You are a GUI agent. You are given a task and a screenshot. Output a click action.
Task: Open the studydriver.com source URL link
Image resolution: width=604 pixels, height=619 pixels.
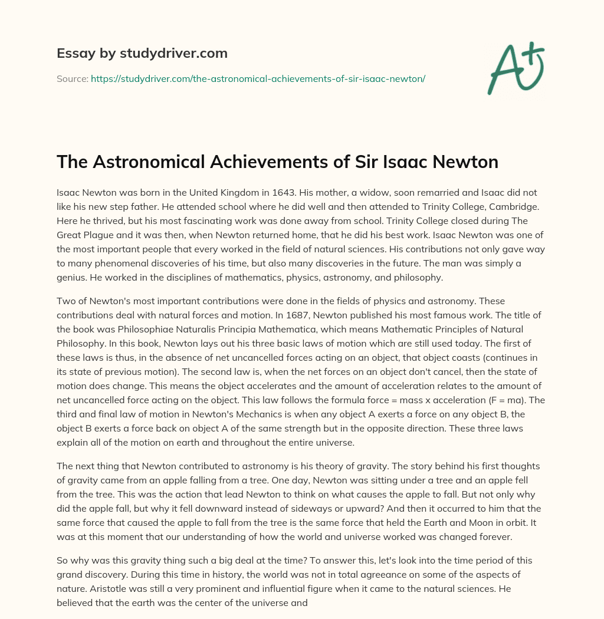[258, 78]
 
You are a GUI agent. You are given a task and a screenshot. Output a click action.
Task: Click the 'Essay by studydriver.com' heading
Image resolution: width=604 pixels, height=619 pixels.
[142, 53]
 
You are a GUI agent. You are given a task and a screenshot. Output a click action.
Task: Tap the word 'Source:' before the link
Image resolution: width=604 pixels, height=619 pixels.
[72, 78]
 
